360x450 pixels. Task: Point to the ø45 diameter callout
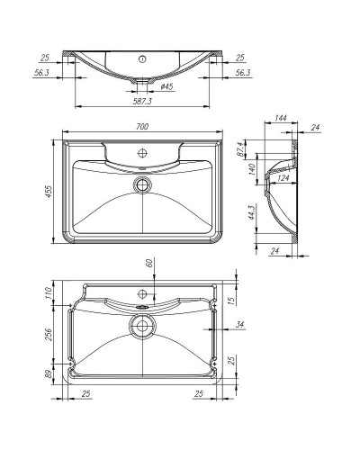pos(166,87)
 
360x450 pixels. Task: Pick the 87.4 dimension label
pos(252,148)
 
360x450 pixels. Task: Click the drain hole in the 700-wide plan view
pos(141,184)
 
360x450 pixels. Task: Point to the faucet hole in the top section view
pos(141,59)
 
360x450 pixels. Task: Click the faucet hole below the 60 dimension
pos(141,294)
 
